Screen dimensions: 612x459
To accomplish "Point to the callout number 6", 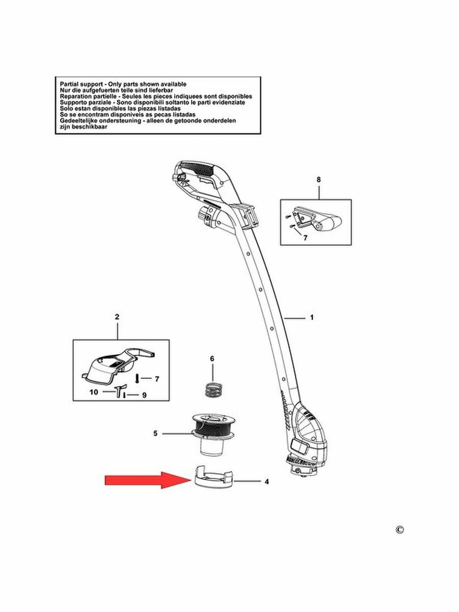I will [212, 359].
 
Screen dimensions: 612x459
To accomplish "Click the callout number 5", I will [155, 434].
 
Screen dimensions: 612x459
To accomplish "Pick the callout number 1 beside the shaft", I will [312, 318].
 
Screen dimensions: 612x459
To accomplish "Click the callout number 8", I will [319, 180].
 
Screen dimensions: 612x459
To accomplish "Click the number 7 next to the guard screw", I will [157, 379].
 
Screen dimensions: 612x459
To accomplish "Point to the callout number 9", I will [144, 395].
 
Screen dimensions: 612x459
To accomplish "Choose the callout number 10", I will [93, 392].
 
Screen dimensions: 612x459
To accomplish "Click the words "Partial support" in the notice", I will [78, 84].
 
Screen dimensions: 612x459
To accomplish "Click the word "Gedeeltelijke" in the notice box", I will [80, 121].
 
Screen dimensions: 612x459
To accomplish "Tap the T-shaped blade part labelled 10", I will [119, 391].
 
